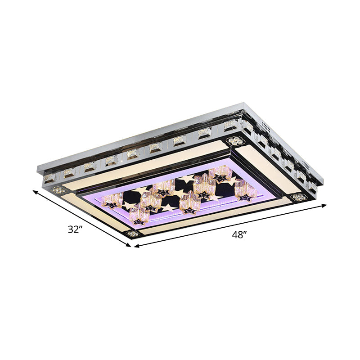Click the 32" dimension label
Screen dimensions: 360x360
click(x=76, y=229)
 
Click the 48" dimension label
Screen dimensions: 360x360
click(x=239, y=235)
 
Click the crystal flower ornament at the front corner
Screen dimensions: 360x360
click(x=133, y=234)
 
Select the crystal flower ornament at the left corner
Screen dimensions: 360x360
click(x=57, y=190)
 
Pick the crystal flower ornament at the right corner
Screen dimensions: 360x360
click(x=297, y=197)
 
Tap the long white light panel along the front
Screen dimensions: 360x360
click(x=216, y=216)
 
